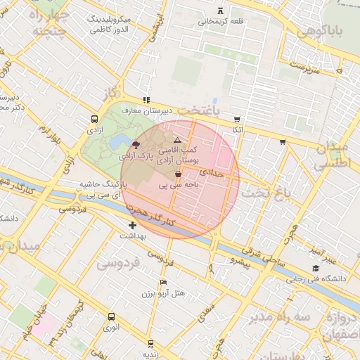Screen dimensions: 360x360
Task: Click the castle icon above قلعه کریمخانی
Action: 221,11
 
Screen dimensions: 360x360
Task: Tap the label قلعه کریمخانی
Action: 221,21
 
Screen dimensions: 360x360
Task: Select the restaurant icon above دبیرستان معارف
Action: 146,101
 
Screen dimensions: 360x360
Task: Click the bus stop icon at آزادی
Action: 95,119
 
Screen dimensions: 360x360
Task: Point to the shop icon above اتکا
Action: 238,120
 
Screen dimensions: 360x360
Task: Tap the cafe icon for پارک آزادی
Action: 136,143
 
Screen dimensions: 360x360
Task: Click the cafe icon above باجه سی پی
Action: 178,174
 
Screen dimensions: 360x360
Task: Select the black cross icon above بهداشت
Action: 132,225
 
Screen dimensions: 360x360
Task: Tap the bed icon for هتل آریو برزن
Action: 164,282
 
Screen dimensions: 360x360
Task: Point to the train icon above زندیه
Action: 150,344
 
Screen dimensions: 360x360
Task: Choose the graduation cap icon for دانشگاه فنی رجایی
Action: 316,269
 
